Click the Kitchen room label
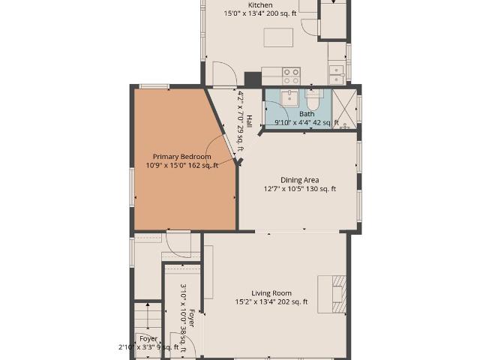click(260, 5)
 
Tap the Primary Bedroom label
click(181, 157)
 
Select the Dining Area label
click(300, 180)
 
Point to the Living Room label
click(271, 293)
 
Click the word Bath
click(307, 114)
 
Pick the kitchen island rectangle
click(278, 37)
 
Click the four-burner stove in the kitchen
click(291, 76)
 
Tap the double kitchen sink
click(337, 75)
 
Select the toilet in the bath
click(313, 100)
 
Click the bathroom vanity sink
click(289, 98)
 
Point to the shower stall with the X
click(345, 109)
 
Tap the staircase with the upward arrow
click(148, 317)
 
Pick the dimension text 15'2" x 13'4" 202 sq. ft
click(271, 301)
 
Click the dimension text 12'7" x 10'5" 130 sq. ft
click(300, 189)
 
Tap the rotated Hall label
click(249, 121)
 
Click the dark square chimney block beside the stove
click(253, 79)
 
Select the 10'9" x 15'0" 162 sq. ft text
click(181, 166)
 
